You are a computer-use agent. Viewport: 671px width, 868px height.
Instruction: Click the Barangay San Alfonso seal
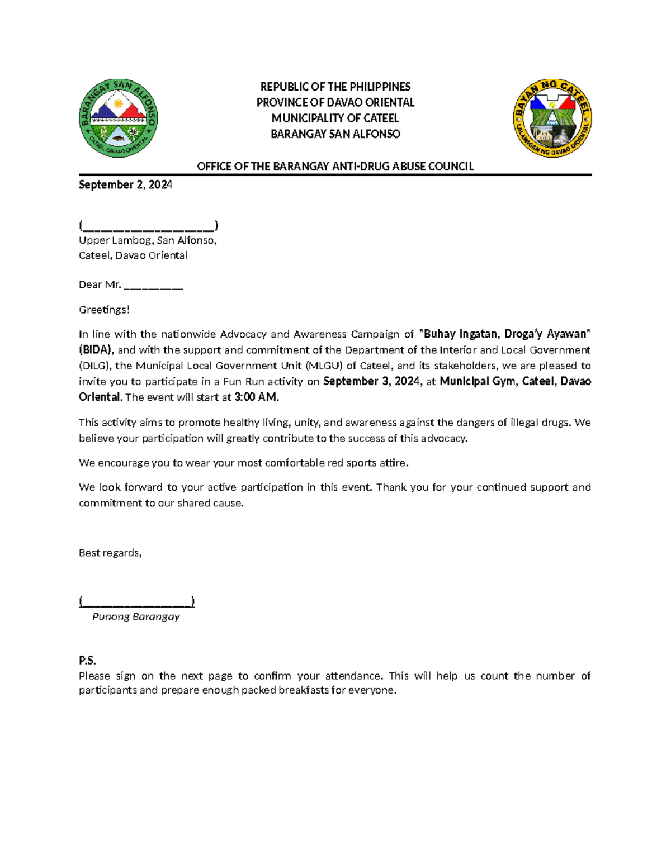(x=118, y=118)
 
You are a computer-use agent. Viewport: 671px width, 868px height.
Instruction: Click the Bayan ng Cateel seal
(x=552, y=118)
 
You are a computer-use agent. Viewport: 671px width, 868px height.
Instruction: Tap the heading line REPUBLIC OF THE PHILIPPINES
(x=335, y=87)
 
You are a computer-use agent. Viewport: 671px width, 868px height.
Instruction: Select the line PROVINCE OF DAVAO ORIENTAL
(x=335, y=102)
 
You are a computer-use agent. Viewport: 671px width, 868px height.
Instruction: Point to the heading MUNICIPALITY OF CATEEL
(x=335, y=118)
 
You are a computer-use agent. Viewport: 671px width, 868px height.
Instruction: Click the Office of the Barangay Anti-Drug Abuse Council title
(x=335, y=166)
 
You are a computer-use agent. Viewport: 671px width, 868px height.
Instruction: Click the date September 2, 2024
(x=125, y=185)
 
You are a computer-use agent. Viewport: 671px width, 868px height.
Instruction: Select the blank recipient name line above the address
(x=148, y=226)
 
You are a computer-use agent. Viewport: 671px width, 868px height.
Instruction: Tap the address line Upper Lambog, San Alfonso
(x=148, y=240)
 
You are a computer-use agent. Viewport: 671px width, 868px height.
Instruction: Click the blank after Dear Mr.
(x=153, y=286)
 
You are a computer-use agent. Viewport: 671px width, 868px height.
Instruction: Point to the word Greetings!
(x=104, y=310)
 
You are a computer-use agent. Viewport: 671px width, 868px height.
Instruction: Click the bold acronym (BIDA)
(x=96, y=350)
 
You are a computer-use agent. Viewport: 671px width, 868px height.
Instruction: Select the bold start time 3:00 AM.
(x=256, y=397)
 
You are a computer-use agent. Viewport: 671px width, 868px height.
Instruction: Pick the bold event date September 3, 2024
(x=371, y=381)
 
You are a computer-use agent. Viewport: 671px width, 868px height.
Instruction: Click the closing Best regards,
(x=110, y=553)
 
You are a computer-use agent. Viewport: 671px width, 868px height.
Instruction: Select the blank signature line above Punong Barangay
(x=136, y=601)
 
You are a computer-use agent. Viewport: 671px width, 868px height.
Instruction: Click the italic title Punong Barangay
(x=136, y=616)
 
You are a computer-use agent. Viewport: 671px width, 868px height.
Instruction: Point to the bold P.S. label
(x=87, y=661)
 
